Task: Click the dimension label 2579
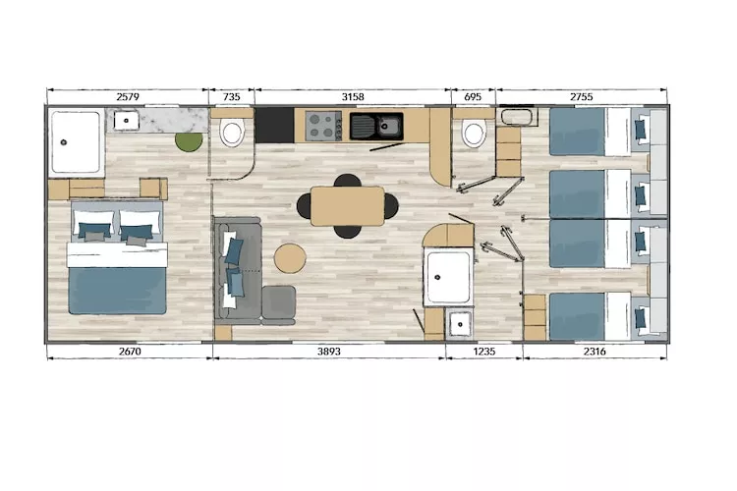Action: coord(128,96)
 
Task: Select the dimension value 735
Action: coord(232,96)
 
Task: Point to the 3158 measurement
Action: coord(352,96)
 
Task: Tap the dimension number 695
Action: coord(473,96)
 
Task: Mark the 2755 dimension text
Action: coord(581,96)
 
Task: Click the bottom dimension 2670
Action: coord(129,351)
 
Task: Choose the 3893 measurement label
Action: coord(328,351)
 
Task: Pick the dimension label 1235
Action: coord(483,351)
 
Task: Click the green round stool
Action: coord(189,141)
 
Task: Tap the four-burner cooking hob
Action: coord(322,126)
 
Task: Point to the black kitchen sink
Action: coord(376,126)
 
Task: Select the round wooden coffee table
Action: coord(290,259)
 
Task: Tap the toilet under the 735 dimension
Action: coord(233,133)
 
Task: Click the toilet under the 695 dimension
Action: coord(474,133)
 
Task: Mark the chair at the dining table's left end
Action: coord(304,206)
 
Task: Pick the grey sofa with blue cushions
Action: coord(236,267)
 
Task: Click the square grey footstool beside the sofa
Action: coord(278,302)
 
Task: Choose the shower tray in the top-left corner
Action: coord(76,142)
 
